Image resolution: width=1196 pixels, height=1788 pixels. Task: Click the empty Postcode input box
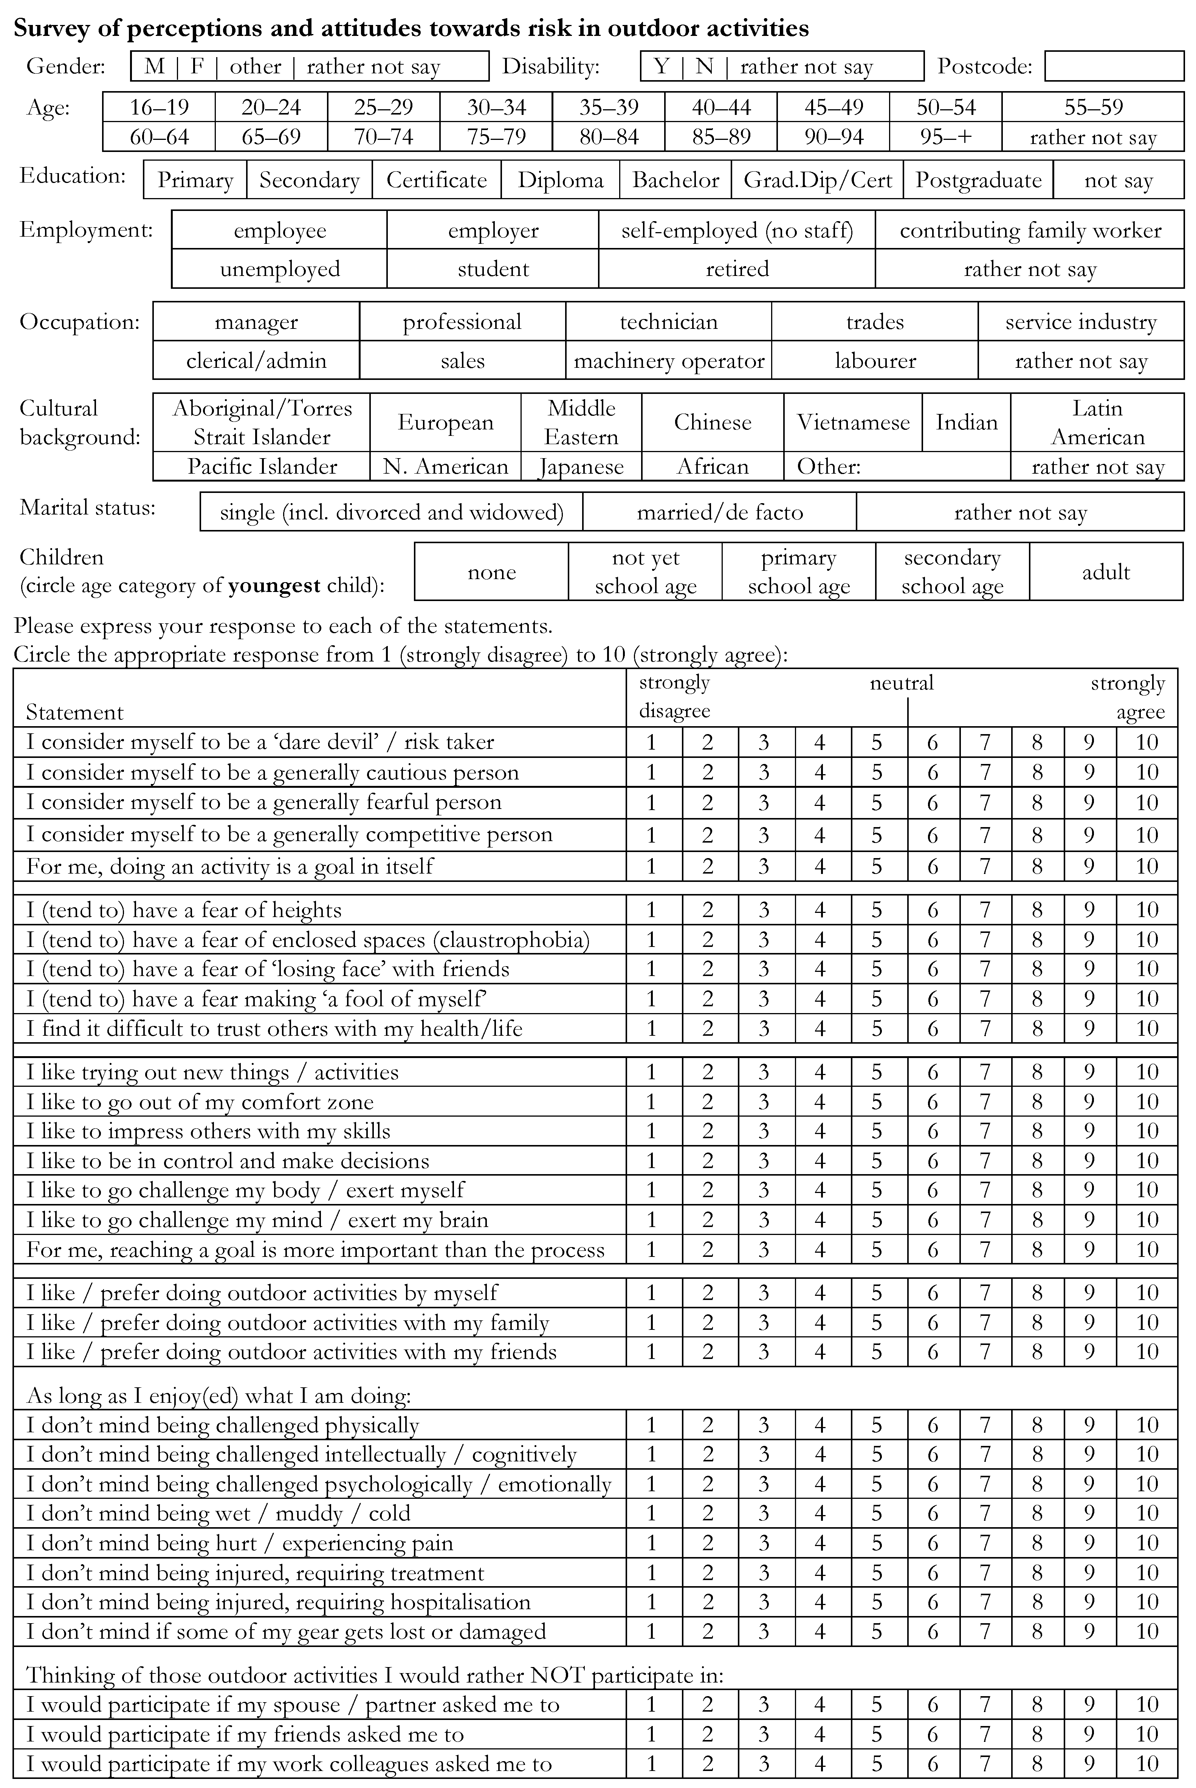coord(1114,67)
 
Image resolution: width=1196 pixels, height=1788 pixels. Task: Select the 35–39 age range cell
coord(609,107)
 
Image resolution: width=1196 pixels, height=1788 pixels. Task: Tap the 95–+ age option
coord(946,137)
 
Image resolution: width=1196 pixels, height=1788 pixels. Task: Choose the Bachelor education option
coord(676,180)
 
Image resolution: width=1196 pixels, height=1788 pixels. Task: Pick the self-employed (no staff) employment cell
coord(737,230)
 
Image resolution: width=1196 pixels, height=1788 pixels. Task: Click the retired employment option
coord(737,268)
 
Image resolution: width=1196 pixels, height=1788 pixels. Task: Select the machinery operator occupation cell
coord(669,361)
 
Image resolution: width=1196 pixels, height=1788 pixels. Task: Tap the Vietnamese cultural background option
coord(853,422)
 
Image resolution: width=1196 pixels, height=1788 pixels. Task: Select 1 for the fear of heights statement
coord(651,910)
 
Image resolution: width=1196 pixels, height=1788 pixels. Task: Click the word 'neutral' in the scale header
coord(902,683)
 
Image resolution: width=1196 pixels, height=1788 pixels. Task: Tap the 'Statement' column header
coord(75,713)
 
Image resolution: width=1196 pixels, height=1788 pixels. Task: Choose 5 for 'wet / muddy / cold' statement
coord(877,1514)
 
